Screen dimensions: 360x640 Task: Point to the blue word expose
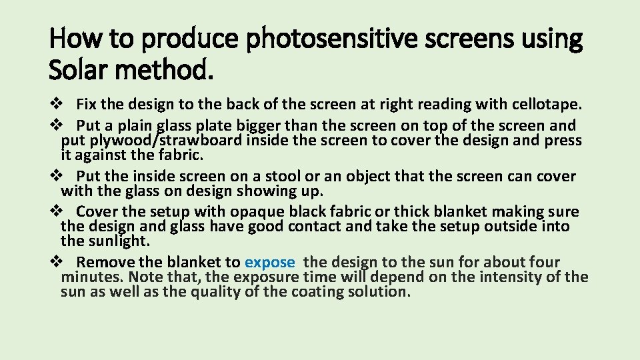pos(269,262)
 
